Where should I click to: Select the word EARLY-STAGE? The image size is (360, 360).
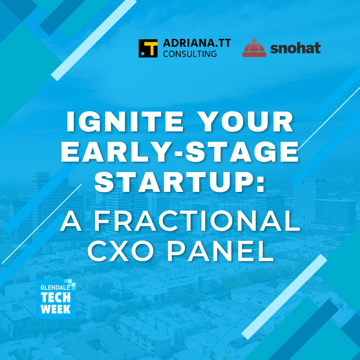click(180, 152)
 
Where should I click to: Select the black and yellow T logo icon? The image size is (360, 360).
click(148, 48)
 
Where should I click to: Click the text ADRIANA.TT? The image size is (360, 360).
click(197, 43)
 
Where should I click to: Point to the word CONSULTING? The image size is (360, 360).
click(190, 54)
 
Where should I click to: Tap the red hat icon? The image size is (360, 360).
click(254, 48)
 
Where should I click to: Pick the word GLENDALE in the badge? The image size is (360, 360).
click(55, 287)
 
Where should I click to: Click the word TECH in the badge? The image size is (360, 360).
click(56, 297)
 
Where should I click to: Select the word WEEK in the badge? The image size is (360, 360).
click(55, 309)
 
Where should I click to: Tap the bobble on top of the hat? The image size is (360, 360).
click(254, 41)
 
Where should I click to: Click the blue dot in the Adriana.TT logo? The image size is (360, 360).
click(143, 54)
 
